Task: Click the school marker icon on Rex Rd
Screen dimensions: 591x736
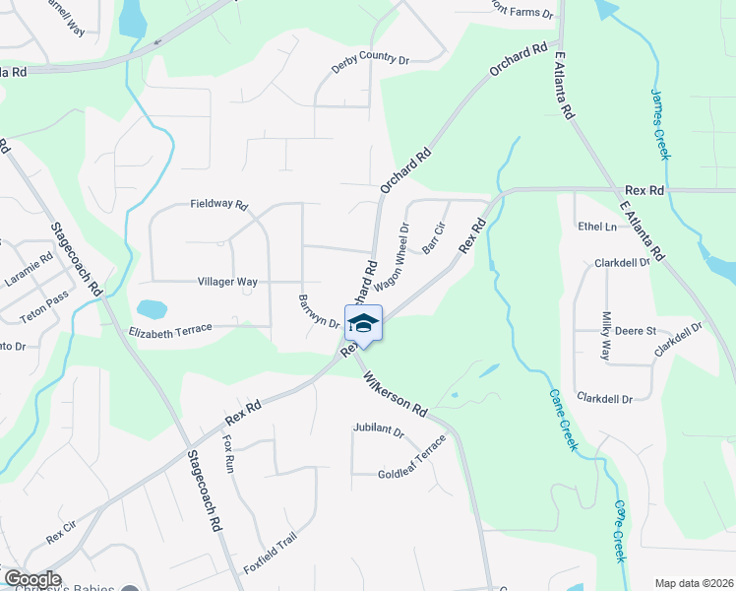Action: [x=363, y=323]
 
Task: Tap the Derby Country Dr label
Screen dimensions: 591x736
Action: [x=370, y=59]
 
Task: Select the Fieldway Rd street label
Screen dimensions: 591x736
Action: [x=218, y=205]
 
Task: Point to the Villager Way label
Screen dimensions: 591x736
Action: [x=227, y=282]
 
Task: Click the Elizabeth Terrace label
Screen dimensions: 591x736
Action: [x=170, y=333]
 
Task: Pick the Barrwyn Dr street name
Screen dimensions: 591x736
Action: [x=319, y=311]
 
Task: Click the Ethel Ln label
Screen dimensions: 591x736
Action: [x=596, y=227]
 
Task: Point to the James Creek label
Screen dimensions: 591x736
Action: [x=660, y=124]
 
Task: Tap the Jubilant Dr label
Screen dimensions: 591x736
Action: [x=379, y=430]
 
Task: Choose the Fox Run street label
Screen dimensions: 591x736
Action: [x=230, y=450]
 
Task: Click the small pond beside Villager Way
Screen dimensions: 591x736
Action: [x=153, y=309]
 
